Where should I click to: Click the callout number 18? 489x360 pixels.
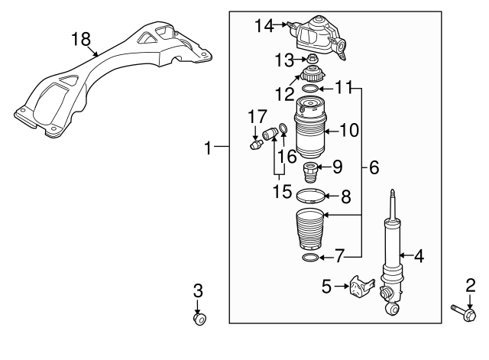[81, 39]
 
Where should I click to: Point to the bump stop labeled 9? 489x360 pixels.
[310, 170]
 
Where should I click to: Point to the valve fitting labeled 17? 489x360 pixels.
[257, 144]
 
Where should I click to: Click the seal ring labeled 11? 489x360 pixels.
[311, 89]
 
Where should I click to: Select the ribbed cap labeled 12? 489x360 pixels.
[311, 75]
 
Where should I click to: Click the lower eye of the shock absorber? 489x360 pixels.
[392, 309]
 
